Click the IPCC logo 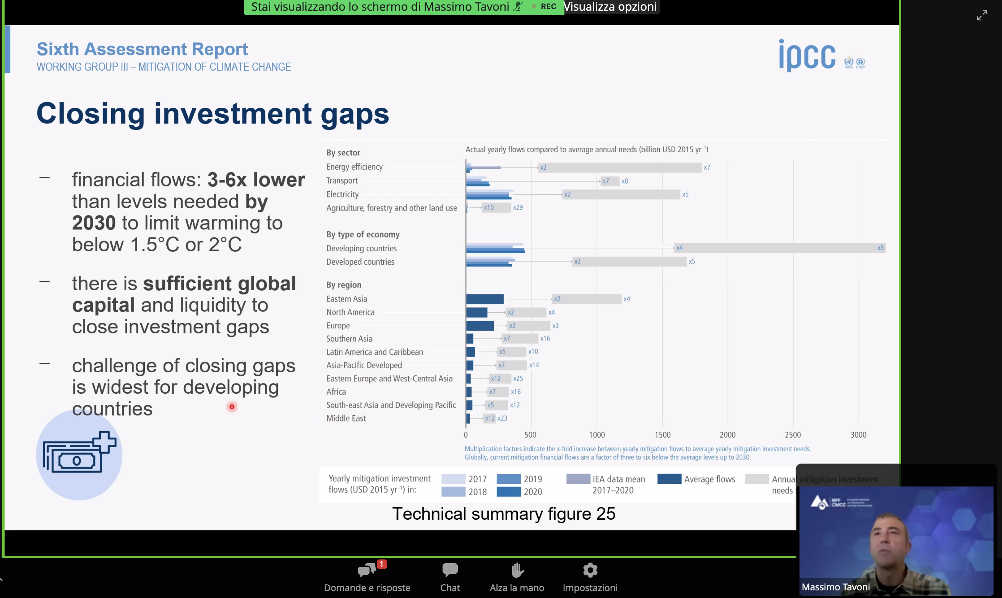pyautogui.click(x=807, y=56)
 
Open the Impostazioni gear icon pyautogui.click(x=590, y=570)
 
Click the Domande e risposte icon pyautogui.click(x=366, y=570)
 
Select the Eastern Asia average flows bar pyautogui.click(x=485, y=299)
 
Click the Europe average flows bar pyautogui.click(x=480, y=326)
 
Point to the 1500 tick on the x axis pyautogui.click(x=663, y=435)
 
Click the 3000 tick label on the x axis pyautogui.click(x=858, y=435)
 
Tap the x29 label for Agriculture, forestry pyautogui.click(x=518, y=207)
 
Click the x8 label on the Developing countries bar pyautogui.click(x=880, y=248)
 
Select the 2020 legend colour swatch pyautogui.click(x=509, y=491)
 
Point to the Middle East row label pyautogui.click(x=346, y=418)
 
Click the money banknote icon pyautogui.click(x=79, y=453)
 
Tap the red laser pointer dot pyautogui.click(x=232, y=407)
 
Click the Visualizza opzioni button pyautogui.click(x=610, y=7)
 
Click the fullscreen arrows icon pyautogui.click(x=982, y=16)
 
